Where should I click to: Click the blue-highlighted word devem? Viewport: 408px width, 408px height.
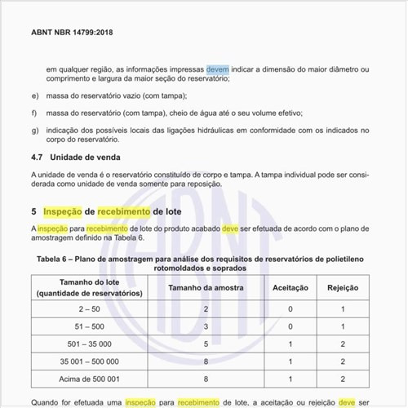coord(218,69)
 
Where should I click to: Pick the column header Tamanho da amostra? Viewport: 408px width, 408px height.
coord(206,288)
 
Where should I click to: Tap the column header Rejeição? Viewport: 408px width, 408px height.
coord(343,288)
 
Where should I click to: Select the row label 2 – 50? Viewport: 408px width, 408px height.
coord(90,309)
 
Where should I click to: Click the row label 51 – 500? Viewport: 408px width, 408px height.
coord(90,326)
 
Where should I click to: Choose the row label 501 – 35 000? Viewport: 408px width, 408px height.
coord(90,344)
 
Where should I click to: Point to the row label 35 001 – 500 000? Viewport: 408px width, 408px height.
coord(90,361)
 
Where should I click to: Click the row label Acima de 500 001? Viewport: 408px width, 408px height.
coord(90,379)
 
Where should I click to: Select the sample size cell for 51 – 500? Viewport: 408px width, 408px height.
coord(206,326)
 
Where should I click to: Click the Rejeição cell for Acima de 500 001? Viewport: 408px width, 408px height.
coord(343,379)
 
